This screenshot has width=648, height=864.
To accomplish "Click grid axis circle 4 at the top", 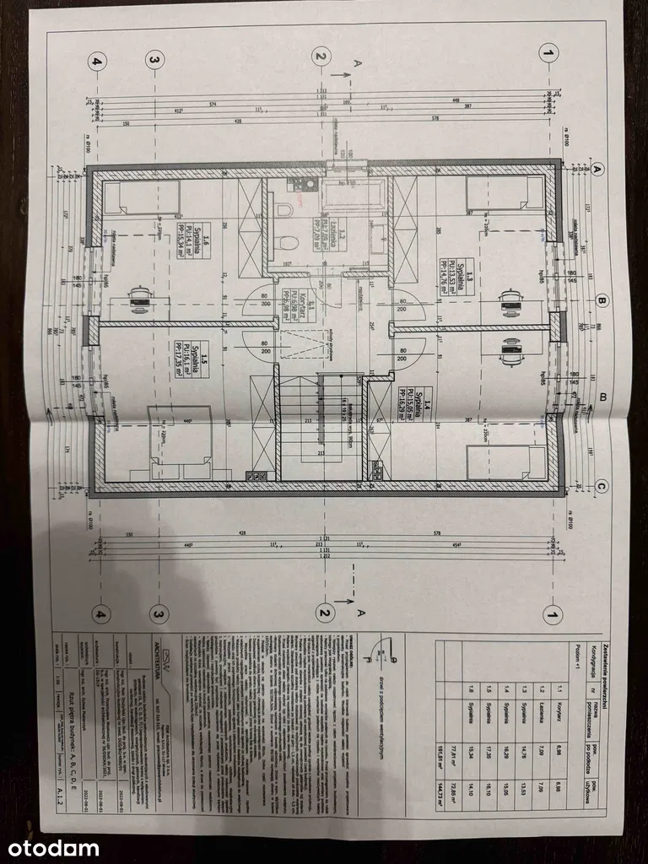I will click(98, 60).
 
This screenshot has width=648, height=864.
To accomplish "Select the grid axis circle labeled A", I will click(597, 169).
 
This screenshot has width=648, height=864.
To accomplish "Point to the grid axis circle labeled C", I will click(601, 485).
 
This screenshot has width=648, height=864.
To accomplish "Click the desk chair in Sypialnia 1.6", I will click(140, 294).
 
